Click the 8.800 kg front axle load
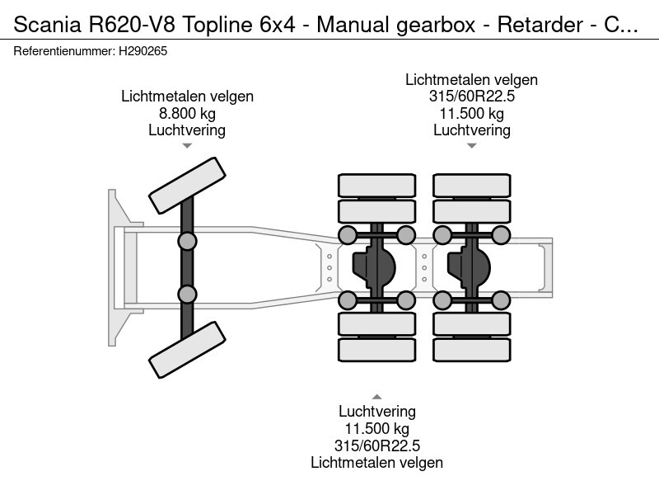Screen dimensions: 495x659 [187, 113]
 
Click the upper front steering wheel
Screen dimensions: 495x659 [187, 184]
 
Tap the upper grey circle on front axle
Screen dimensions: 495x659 [187, 241]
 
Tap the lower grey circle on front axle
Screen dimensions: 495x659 [187, 294]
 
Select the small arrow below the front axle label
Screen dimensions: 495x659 [187, 146]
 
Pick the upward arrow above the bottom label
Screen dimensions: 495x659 [376, 396]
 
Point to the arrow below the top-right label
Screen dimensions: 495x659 [471, 146]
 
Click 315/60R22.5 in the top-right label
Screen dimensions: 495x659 [471, 97]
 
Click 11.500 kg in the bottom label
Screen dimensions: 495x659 [376, 428]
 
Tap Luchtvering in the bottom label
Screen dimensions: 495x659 [376, 411]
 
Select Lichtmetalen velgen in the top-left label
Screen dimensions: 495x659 [187, 97]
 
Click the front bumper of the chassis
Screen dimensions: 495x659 [115, 267]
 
